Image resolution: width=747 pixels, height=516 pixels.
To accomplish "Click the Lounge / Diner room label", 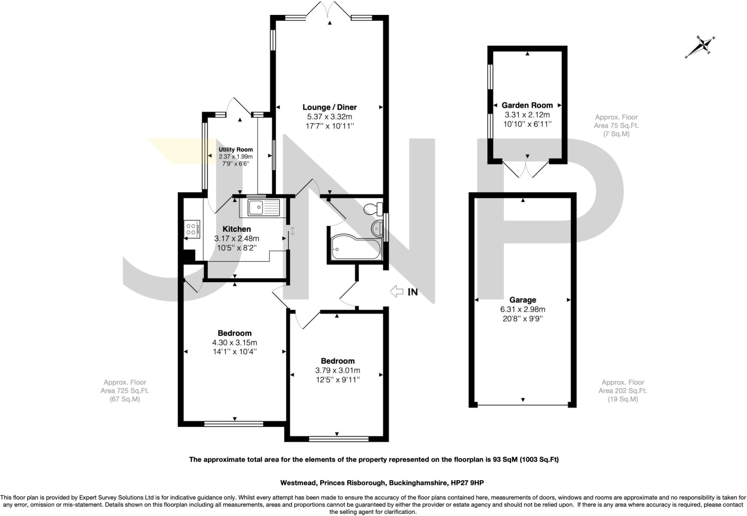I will point(329,107).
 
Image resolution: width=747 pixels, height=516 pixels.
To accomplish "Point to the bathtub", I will point(356,248).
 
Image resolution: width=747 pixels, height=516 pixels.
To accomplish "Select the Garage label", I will point(523,300).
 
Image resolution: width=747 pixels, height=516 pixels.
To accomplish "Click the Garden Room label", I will point(527,105).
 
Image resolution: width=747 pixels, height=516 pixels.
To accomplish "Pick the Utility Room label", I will point(236,149).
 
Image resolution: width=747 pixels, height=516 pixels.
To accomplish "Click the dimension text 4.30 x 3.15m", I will point(235,343).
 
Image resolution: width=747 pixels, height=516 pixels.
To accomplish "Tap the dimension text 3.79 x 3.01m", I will point(337,370).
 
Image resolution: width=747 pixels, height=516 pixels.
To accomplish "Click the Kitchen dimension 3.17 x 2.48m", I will point(236,238).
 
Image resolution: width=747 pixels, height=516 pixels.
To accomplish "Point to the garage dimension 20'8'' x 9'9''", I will point(523,318).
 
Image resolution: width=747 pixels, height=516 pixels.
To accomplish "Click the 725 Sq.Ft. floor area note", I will point(125,390).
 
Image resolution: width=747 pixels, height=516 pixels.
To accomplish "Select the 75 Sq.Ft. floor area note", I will point(616,125).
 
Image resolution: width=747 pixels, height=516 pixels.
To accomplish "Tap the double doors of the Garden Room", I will point(526,169).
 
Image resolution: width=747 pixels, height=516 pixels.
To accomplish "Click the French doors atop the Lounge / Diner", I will point(329,9).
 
